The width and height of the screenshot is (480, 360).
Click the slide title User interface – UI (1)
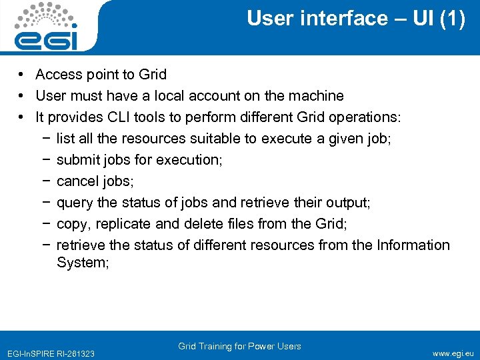356,19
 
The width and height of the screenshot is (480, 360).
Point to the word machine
317,96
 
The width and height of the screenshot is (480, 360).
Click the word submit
77,160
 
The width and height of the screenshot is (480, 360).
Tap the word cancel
77,181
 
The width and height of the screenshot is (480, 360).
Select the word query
74,203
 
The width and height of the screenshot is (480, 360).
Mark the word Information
413,245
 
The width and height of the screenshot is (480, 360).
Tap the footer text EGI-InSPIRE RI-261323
50,353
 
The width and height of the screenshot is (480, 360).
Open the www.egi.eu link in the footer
453,353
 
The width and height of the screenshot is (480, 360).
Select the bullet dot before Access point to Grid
22,75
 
